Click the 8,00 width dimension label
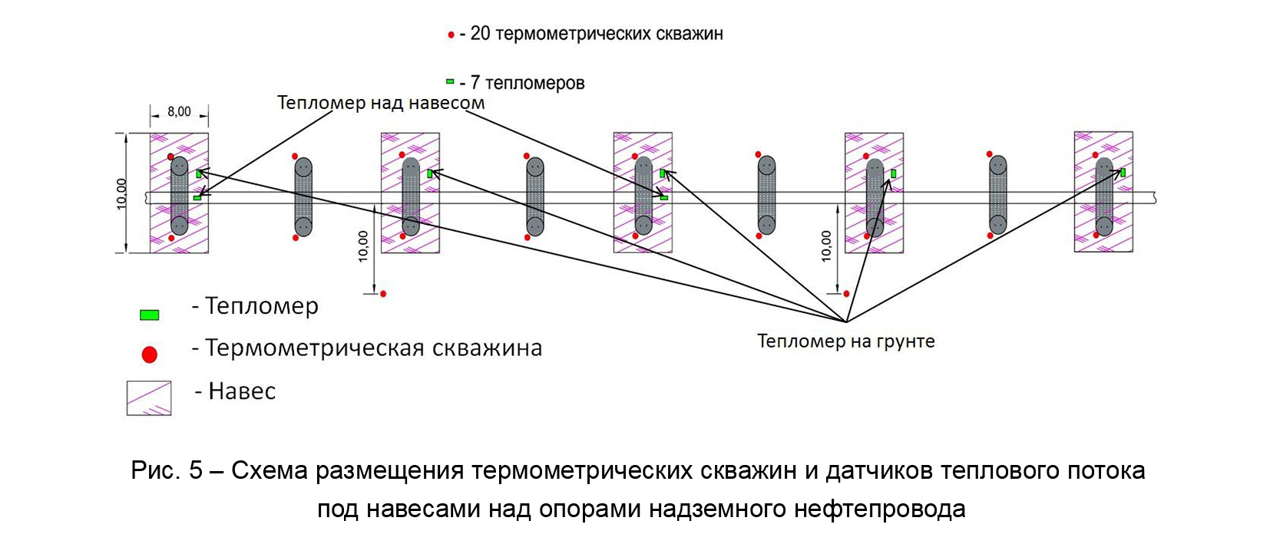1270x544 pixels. [x=179, y=112]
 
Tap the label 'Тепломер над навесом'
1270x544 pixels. [x=381, y=104]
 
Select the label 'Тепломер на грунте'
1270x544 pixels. [x=845, y=341]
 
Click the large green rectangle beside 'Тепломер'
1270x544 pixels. [x=149, y=315]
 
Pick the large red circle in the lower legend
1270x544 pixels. [x=150, y=354]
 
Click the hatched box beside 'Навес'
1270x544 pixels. [x=149, y=398]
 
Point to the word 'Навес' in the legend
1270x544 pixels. [x=242, y=391]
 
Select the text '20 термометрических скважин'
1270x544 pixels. [x=597, y=34]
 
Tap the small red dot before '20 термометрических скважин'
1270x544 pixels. [x=451, y=35]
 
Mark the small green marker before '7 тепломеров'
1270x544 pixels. [x=450, y=81]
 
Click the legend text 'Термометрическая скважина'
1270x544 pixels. [x=374, y=348]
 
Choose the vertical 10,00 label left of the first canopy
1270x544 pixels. [x=121, y=193]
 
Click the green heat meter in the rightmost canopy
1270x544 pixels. [x=1123, y=173]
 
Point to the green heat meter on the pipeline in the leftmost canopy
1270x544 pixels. [x=197, y=198]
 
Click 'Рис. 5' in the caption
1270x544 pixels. [x=167, y=470]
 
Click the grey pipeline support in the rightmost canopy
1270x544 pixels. [x=1103, y=196]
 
